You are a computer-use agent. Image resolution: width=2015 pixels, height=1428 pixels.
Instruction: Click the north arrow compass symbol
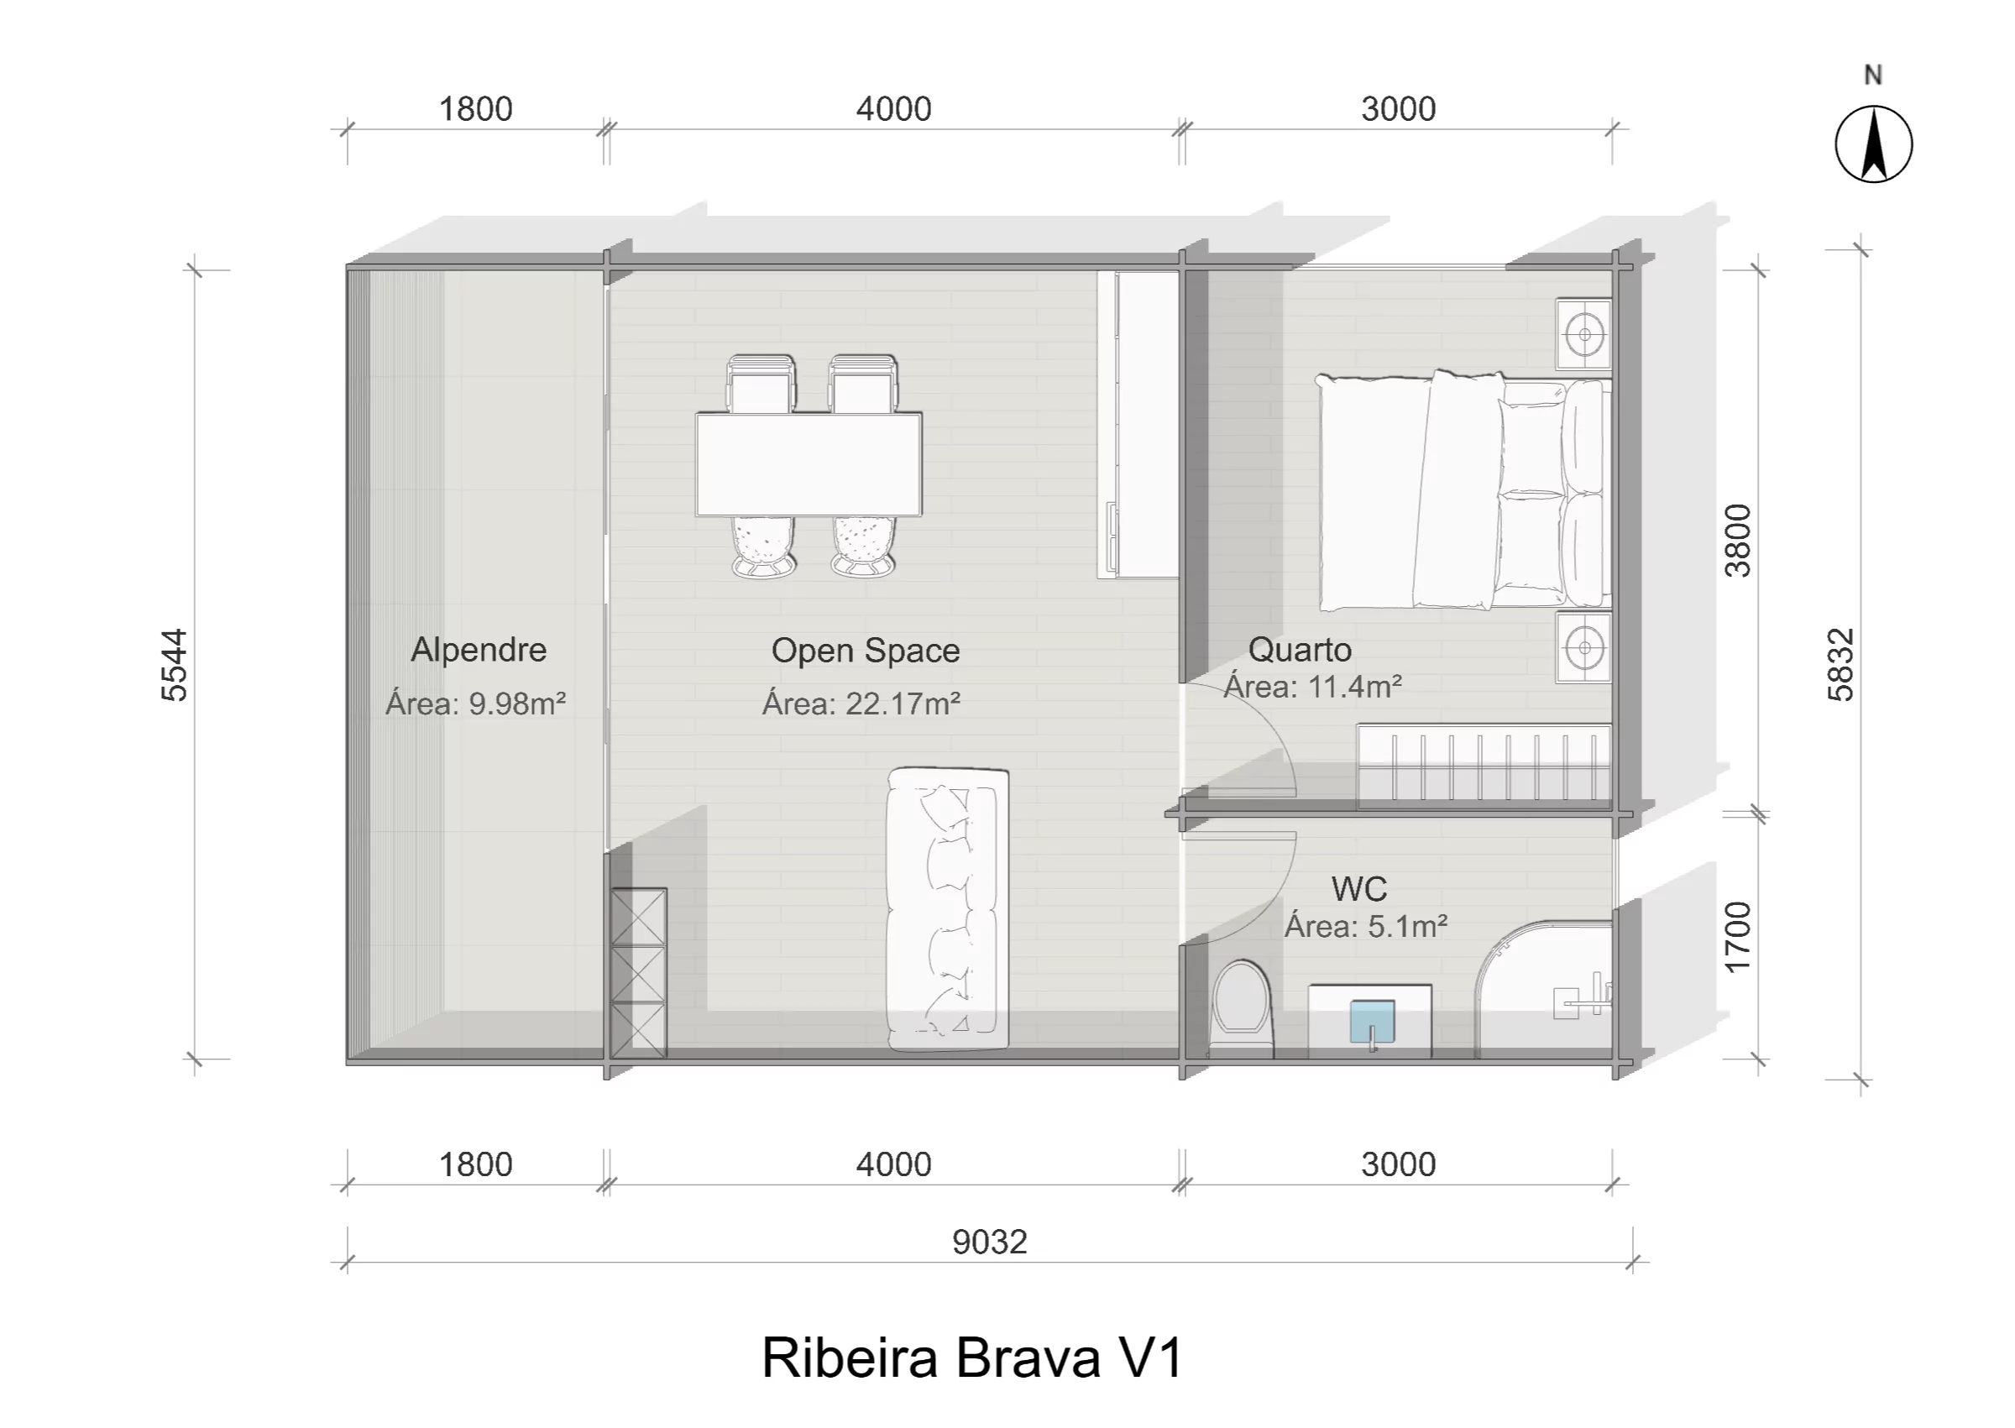click(1873, 144)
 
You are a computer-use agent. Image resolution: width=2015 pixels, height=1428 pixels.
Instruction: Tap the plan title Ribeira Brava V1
click(972, 1357)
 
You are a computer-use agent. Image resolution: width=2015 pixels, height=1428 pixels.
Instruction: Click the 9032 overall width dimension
click(990, 1242)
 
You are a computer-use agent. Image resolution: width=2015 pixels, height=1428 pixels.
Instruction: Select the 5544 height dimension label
click(174, 665)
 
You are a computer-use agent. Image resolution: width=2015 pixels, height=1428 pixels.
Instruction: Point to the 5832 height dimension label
click(1840, 665)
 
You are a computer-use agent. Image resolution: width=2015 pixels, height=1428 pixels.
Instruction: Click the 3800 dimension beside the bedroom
click(1738, 540)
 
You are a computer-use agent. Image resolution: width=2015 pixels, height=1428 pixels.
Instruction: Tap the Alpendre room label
click(479, 650)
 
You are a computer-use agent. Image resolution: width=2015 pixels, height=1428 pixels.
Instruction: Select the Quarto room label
click(1301, 650)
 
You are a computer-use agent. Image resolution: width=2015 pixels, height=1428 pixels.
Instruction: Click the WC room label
click(1359, 889)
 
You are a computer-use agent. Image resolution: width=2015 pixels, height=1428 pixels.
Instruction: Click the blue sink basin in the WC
click(1372, 1023)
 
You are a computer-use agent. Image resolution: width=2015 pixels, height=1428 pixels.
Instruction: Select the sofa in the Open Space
click(948, 909)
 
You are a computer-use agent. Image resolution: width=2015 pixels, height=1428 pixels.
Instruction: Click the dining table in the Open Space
click(809, 464)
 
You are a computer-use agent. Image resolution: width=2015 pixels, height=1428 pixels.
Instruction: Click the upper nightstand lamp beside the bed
click(1584, 334)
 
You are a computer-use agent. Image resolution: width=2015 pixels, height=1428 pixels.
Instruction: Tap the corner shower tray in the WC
click(1543, 988)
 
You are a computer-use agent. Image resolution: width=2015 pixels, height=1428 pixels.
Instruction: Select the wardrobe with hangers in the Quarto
click(1485, 765)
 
